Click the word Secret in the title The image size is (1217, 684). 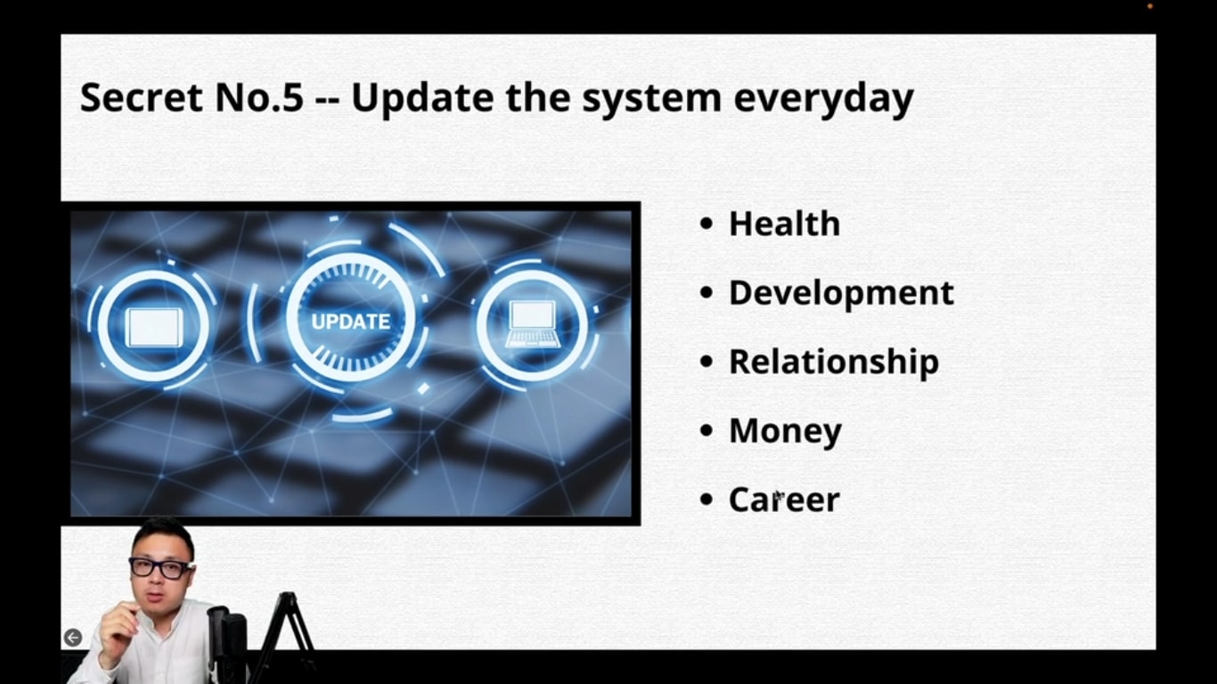click(x=142, y=97)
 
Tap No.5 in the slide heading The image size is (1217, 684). click(x=259, y=97)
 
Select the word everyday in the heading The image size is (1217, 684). click(x=823, y=100)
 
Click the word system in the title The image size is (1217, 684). click(x=652, y=100)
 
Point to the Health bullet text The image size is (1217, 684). click(x=785, y=224)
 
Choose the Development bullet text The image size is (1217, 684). click(x=842, y=293)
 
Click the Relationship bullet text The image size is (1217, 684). click(x=834, y=362)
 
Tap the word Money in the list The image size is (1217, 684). click(x=785, y=432)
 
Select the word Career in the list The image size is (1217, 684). click(x=784, y=500)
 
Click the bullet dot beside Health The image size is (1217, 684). click(x=707, y=224)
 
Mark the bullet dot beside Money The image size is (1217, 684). click(x=707, y=430)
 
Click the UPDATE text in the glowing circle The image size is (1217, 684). click(x=350, y=322)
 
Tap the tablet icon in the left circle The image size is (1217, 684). click(x=154, y=328)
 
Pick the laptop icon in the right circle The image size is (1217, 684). click(x=533, y=324)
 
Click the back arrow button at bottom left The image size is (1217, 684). click(x=73, y=638)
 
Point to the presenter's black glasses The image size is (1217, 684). click(x=161, y=568)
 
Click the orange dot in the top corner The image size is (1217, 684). click(x=1150, y=6)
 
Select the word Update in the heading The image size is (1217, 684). click(x=422, y=100)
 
